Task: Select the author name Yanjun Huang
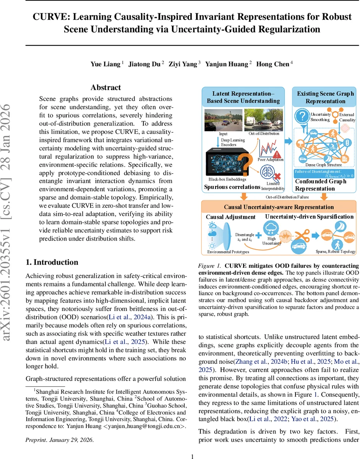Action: coord(227,64)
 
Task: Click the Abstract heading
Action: coord(105,88)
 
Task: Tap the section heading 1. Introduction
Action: coord(52,262)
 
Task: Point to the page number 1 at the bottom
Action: coord(193,456)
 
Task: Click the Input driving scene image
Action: coord(223,120)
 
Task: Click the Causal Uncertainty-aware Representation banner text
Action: coord(279,207)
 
